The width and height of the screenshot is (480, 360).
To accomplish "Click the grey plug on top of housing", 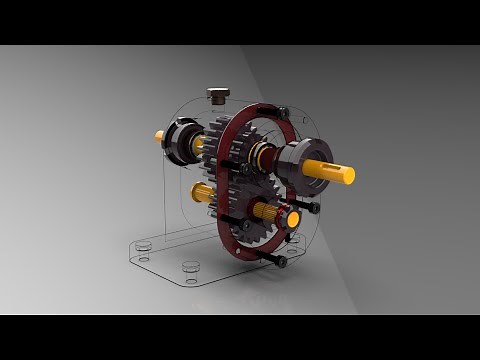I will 218,95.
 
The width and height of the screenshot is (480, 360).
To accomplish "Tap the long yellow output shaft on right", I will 331,172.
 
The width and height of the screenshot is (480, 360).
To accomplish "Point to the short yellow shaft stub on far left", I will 159,136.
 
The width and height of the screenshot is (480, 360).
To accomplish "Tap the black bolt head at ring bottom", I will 281,261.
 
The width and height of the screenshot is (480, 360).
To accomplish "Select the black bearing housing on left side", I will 181,141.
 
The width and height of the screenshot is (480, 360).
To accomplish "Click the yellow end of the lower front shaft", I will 291,217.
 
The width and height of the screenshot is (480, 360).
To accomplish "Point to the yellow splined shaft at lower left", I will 201,192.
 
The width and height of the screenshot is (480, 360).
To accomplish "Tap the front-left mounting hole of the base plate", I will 145,259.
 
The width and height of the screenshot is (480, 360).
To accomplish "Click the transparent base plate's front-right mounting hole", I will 190,268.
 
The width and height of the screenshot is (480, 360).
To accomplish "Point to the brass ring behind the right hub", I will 263,155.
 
